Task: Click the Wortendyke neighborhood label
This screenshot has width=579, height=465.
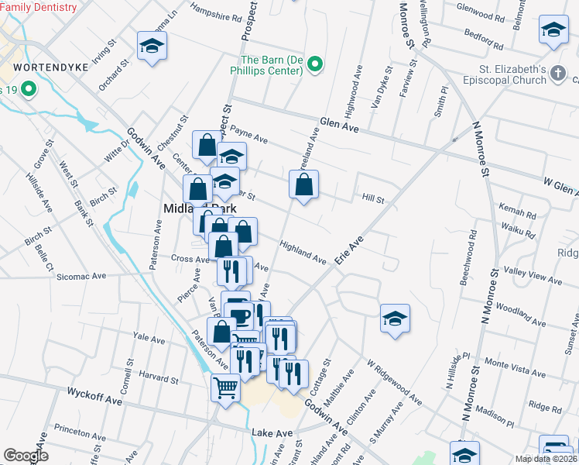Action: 43,67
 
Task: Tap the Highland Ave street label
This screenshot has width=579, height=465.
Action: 303,252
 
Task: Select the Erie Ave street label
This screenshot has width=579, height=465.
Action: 350,252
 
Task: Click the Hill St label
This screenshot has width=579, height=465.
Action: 373,200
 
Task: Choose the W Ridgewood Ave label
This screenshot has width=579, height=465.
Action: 394,382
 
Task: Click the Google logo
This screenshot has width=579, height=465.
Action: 26,456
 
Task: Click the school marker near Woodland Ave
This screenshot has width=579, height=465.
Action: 395,319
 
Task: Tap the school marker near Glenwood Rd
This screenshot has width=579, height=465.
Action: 553,30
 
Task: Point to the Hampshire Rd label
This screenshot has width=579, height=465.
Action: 215,15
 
